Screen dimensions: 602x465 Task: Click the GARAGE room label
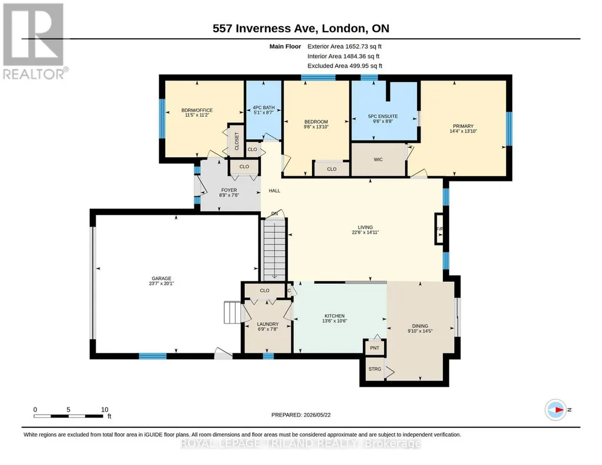tap(162, 278)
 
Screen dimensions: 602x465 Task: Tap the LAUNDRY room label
tap(268, 324)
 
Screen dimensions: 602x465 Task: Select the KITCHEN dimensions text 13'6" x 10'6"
tap(334, 321)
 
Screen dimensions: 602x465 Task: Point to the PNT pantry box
tap(375, 348)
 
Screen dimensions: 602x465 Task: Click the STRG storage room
tap(375, 369)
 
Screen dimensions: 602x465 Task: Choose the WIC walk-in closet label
tap(378, 160)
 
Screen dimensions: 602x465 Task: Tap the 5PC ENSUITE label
tap(383, 116)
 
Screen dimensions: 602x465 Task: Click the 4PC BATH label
tap(264, 108)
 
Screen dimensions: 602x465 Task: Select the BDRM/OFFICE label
tap(197, 110)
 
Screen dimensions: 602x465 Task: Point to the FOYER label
tap(229, 190)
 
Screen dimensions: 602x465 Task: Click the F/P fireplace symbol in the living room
tap(439, 229)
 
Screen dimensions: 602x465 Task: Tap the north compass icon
tap(556, 410)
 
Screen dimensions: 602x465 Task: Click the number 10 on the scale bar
tap(105, 409)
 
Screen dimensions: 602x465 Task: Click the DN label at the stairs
tap(274, 214)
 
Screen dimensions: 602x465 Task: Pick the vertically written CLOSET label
tap(237, 141)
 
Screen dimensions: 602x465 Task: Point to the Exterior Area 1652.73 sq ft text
tap(344, 46)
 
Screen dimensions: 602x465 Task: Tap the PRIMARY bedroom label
tap(463, 126)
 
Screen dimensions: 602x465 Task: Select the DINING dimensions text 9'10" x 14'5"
tap(420, 331)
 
